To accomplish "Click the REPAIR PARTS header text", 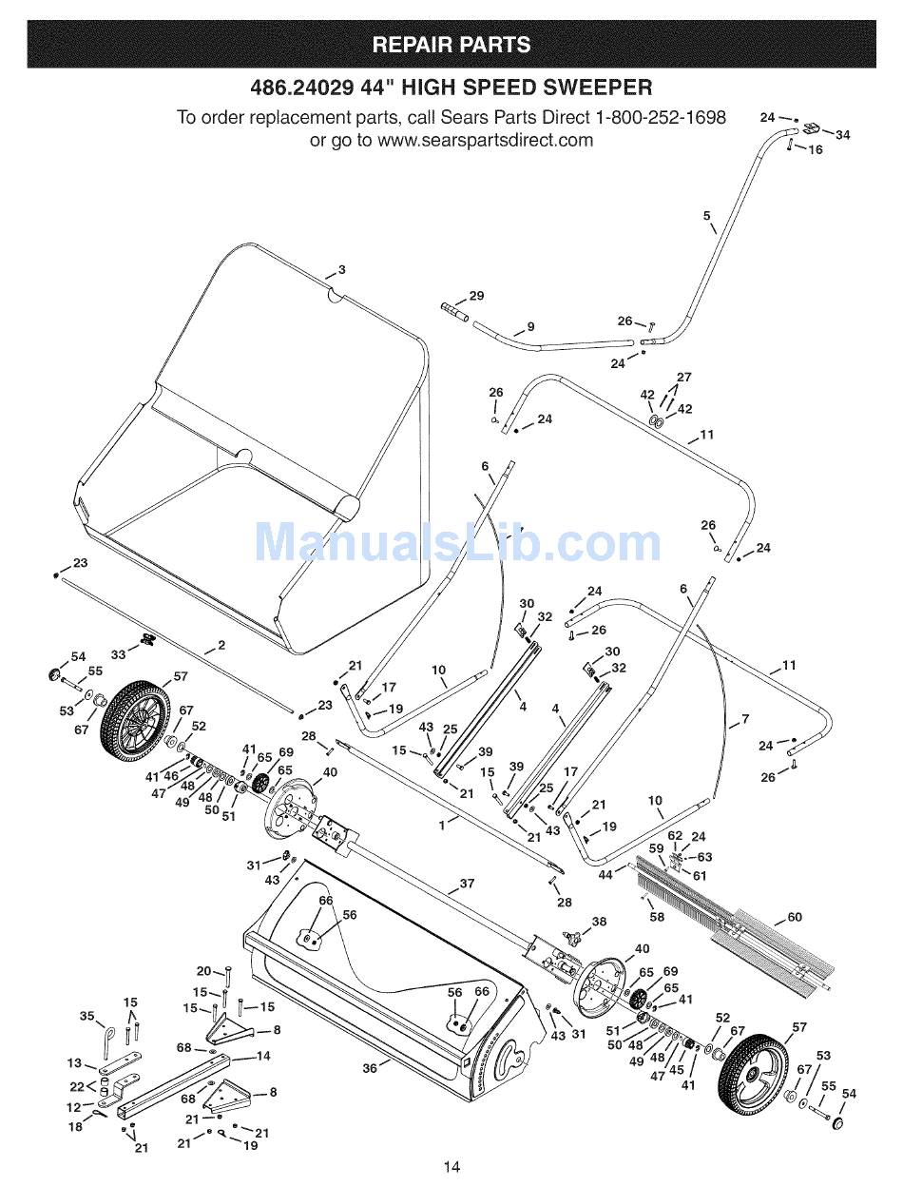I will point(451,45).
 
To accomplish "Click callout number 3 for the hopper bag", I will point(342,270).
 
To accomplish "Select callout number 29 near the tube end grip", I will point(476,296).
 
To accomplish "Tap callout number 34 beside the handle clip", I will point(842,135).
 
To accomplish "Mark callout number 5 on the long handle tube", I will point(706,216).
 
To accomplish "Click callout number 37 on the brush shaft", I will point(467,884).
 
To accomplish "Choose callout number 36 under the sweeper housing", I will point(369,1068).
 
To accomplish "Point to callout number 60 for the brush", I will point(795,917).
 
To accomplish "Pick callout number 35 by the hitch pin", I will point(86,1016).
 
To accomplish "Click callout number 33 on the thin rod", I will point(118,654).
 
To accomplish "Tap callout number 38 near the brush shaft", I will point(599,922).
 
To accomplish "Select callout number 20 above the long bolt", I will point(203,971).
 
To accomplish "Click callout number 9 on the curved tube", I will point(530,327).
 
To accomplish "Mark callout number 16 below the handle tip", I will point(816,149).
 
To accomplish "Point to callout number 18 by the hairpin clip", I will point(75,1127).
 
